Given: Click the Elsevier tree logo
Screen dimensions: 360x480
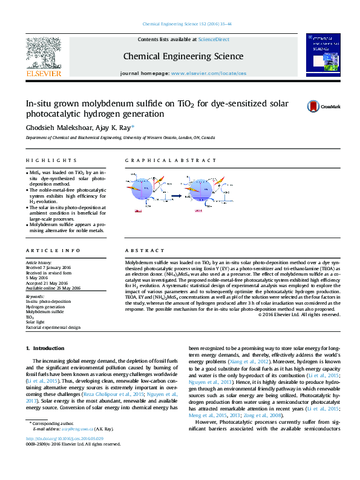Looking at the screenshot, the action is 44,53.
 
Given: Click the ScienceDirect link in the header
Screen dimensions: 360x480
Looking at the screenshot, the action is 214,39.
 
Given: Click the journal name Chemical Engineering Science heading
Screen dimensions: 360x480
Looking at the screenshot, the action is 183,56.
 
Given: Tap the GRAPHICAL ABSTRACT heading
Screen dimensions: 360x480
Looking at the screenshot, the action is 170,160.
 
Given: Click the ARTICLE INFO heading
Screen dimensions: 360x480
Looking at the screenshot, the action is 53,250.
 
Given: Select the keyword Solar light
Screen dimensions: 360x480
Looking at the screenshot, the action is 35,322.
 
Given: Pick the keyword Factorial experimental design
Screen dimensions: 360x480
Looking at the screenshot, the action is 53,327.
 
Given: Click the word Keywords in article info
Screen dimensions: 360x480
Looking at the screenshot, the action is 35,296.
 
